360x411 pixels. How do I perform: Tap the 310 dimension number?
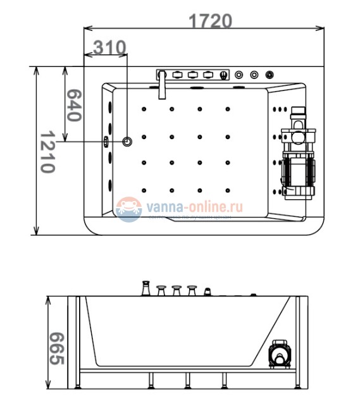click(110, 47)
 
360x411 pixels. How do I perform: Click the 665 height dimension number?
click(56, 348)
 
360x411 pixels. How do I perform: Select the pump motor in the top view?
click(297, 171)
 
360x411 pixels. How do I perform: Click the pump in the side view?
click(278, 355)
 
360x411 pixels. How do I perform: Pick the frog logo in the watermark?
click(130, 209)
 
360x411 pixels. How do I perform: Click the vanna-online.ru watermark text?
click(194, 205)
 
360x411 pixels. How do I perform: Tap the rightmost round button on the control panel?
click(271, 75)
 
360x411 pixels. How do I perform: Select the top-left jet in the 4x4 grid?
click(145, 109)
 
